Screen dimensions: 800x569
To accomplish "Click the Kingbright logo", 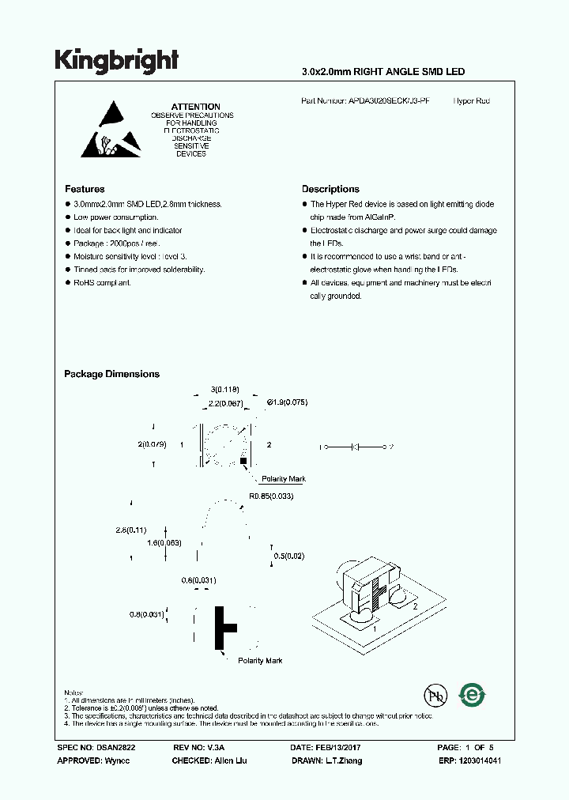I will pos(117,61).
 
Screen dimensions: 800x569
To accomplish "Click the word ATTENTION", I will pos(195,107).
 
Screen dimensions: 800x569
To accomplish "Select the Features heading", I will pos(85,190).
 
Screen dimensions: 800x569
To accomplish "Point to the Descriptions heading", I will pos(330,190).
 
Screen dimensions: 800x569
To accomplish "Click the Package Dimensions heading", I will pos(111,374).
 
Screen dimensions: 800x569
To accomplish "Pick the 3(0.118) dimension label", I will pos(224,389).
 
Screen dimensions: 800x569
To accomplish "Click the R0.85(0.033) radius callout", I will pos(271,496).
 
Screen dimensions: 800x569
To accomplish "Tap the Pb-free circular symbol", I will pos(434,695).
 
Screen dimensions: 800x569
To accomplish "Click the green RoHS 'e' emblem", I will pos(473,695).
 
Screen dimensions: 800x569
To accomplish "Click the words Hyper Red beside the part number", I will pos(472,101).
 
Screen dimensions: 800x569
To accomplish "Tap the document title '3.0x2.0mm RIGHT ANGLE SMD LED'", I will pos(383,72).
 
